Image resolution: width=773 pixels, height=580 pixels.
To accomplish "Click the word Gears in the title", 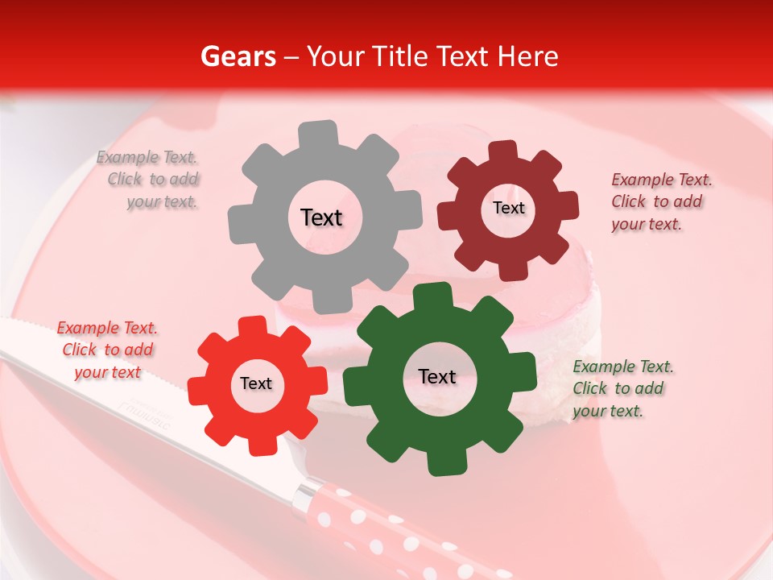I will pyautogui.click(x=237, y=56).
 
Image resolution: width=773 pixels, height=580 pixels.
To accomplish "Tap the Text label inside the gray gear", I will pyautogui.click(x=321, y=217).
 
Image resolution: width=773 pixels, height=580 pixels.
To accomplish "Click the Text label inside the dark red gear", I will pyautogui.click(x=508, y=208).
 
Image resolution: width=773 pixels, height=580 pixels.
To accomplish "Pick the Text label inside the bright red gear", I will pyautogui.click(x=256, y=384).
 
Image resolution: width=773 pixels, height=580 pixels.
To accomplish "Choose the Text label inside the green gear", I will pyautogui.click(x=437, y=377).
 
